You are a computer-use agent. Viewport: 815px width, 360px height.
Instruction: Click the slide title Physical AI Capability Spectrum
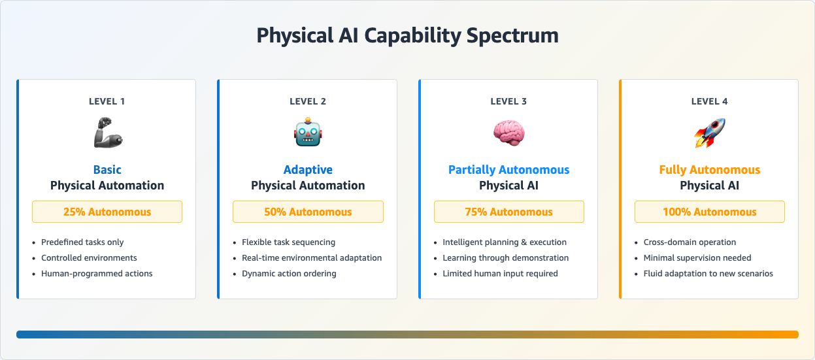pyautogui.click(x=407, y=35)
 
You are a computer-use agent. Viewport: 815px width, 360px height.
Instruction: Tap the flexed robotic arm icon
pyautogui.click(x=107, y=133)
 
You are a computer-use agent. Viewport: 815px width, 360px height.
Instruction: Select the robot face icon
pyautogui.click(x=308, y=133)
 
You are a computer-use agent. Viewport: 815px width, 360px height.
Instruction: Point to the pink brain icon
pyautogui.click(x=508, y=133)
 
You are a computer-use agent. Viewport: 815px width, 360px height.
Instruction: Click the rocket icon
pyautogui.click(x=710, y=133)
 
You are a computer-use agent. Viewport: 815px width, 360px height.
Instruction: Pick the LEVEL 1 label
pyautogui.click(x=107, y=101)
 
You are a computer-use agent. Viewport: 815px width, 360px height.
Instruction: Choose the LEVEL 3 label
pyautogui.click(x=508, y=101)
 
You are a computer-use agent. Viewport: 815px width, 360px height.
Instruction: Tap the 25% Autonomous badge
pyautogui.click(x=107, y=212)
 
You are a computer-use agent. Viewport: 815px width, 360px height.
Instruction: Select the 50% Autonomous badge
pyautogui.click(x=308, y=212)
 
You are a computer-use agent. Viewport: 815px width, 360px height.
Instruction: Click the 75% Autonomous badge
pyautogui.click(x=508, y=212)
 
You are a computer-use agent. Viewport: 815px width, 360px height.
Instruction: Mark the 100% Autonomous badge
pyautogui.click(x=710, y=212)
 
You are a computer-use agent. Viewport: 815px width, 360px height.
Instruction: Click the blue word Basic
pyautogui.click(x=107, y=170)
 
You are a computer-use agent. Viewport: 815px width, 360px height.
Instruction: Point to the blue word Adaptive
pyautogui.click(x=308, y=170)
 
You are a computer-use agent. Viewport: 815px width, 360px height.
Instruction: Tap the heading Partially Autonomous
pyautogui.click(x=508, y=170)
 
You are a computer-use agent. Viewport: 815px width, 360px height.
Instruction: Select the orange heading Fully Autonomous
pyautogui.click(x=710, y=170)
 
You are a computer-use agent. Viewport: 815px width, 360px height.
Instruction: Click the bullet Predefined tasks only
pyautogui.click(x=82, y=242)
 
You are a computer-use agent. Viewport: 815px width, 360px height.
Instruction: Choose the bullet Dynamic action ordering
pyautogui.click(x=289, y=274)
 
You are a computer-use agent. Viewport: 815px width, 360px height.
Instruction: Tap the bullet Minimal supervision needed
pyautogui.click(x=697, y=258)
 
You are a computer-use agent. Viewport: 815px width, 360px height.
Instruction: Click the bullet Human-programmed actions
pyautogui.click(x=97, y=274)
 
